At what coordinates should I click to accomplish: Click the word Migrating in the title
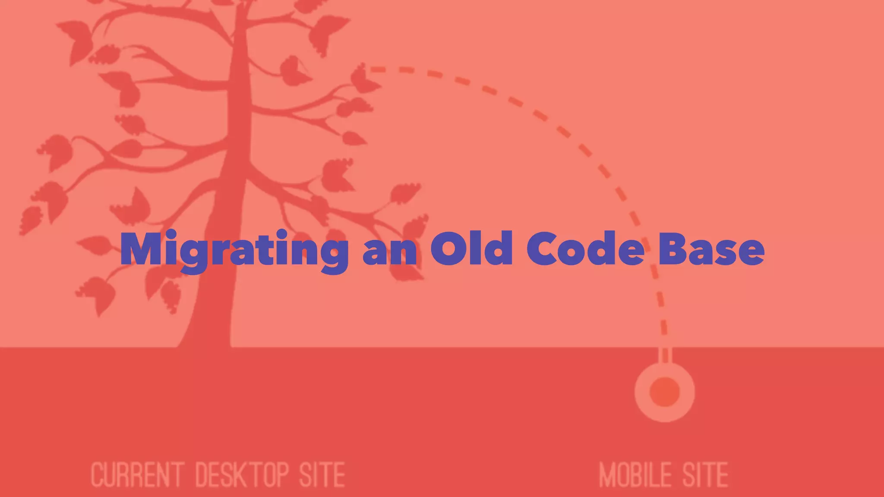(x=234, y=250)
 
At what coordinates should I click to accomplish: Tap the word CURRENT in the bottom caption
(x=138, y=475)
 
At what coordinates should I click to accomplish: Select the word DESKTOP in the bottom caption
(x=243, y=475)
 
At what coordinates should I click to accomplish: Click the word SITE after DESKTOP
(x=322, y=475)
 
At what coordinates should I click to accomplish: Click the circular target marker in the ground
(x=665, y=392)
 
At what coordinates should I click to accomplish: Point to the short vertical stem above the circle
(x=665, y=355)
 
